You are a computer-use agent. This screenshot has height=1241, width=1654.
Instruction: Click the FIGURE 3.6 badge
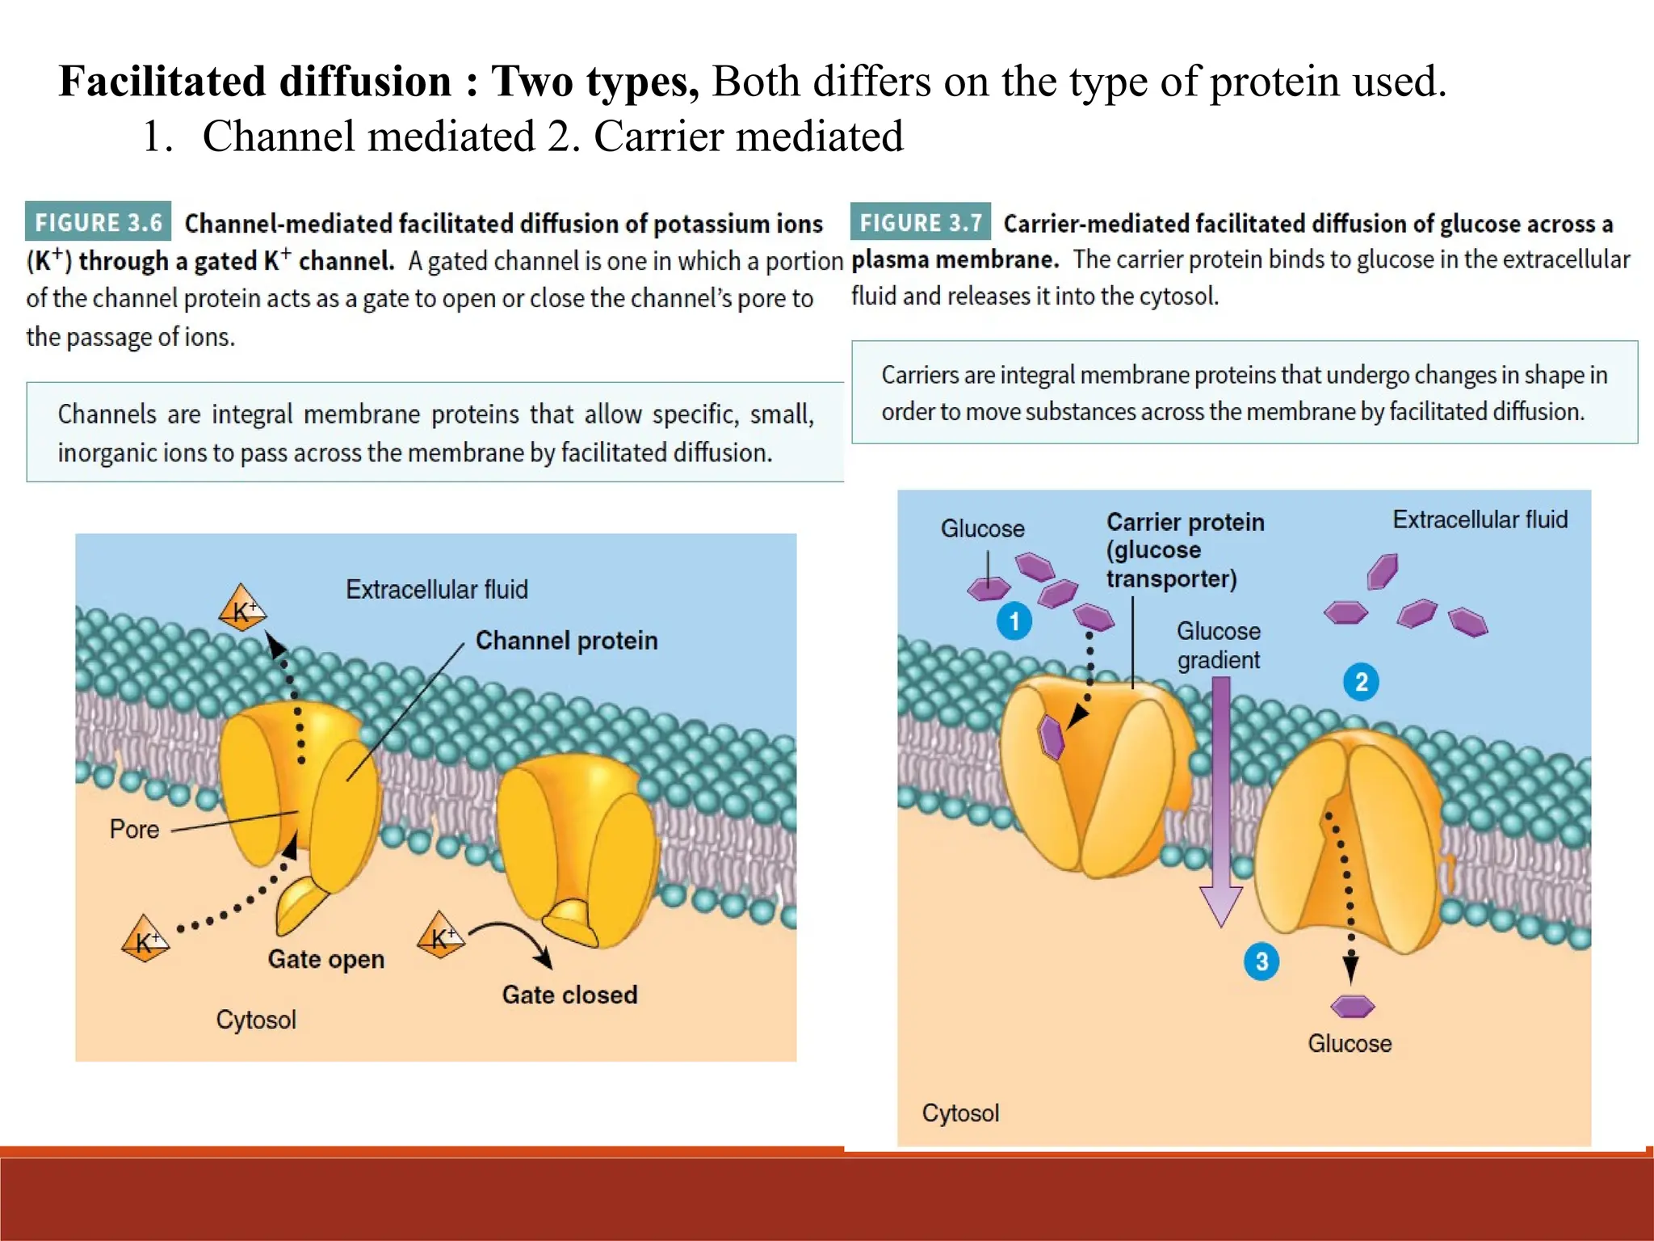click(98, 222)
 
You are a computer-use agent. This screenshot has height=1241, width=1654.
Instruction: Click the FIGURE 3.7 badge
click(920, 222)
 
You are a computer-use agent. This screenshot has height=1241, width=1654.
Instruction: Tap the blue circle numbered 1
click(1014, 620)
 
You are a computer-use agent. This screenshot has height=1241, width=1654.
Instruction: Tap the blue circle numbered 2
click(1361, 682)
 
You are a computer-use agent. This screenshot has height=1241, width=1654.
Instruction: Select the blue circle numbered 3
click(1261, 961)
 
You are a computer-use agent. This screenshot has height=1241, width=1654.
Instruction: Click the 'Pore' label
click(134, 830)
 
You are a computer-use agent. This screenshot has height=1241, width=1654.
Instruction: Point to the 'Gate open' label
click(326, 959)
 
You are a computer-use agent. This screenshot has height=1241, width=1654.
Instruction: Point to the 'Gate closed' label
click(569, 995)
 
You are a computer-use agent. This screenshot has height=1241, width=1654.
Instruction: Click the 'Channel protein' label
click(566, 641)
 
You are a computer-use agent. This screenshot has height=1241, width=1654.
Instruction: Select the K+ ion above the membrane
click(242, 609)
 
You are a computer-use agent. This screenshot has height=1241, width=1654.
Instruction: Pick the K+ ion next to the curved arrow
click(441, 936)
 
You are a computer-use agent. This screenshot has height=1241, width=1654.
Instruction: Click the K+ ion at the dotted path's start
click(145, 940)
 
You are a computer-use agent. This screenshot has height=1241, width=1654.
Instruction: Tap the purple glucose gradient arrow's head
click(1220, 905)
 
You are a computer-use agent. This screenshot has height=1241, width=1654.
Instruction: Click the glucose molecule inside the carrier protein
click(1052, 737)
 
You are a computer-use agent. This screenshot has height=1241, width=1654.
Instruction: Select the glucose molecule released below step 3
click(1352, 1006)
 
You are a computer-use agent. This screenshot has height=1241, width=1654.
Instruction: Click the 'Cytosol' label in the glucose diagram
click(960, 1113)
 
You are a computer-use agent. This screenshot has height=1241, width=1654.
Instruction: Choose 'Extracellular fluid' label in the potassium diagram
click(436, 589)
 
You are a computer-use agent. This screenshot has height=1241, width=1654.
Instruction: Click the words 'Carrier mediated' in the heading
click(748, 136)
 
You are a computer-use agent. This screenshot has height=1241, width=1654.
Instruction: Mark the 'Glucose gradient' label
click(1218, 645)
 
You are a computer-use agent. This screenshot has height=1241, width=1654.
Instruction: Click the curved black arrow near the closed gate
click(517, 940)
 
